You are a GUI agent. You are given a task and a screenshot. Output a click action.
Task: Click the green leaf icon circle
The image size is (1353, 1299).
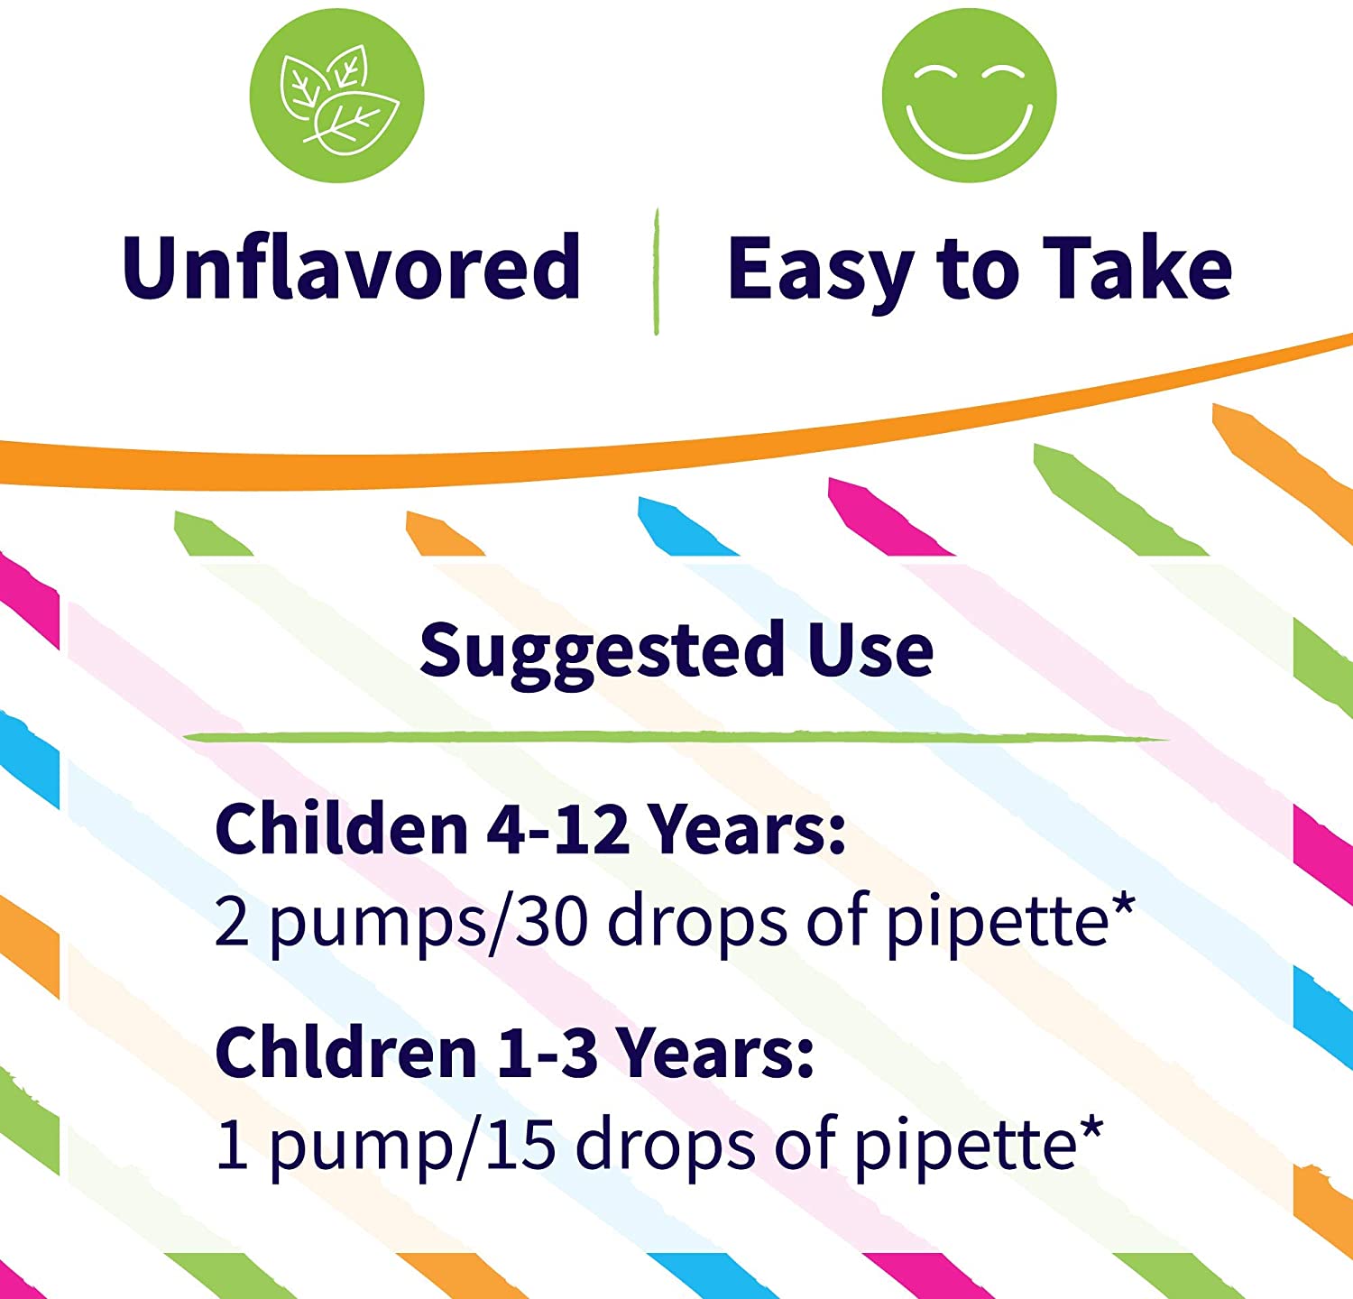tap(336, 96)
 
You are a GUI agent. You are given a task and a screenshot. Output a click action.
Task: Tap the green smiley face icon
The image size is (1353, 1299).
tap(969, 96)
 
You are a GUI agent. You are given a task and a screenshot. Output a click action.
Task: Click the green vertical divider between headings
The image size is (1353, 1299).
tap(657, 272)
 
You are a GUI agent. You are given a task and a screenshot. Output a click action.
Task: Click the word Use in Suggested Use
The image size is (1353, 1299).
tap(870, 649)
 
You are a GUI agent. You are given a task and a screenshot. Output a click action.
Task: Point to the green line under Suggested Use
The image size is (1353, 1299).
tap(676, 738)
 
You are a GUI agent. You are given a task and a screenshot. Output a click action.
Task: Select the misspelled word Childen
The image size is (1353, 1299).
tap(342, 828)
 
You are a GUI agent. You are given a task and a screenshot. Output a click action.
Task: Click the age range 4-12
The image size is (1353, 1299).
tap(557, 829)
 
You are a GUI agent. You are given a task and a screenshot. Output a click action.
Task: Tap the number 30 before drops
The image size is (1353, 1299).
tap(552, 921)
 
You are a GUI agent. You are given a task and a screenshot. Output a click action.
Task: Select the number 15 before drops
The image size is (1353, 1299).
tap(520, 1145)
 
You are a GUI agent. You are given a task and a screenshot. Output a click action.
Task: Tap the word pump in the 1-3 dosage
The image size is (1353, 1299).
tap(361, 1148)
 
